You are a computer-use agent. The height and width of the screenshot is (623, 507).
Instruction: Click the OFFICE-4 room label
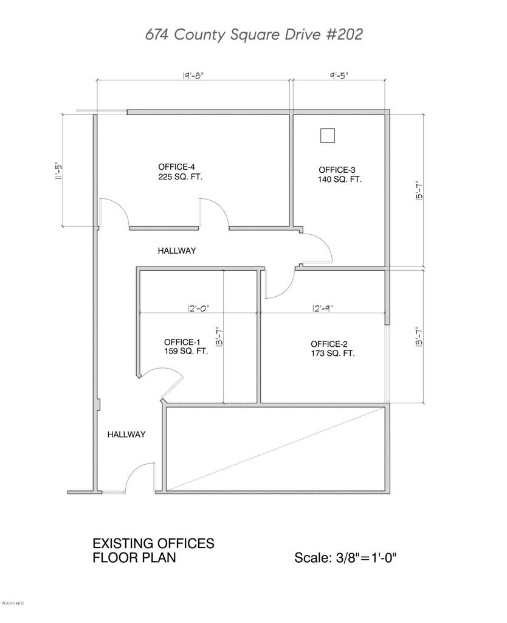(176, 167)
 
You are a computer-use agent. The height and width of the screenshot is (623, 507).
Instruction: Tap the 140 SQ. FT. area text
(339, 179)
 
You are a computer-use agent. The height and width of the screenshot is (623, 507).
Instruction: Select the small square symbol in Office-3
(327, 135)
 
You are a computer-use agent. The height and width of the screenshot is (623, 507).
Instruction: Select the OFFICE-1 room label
(182, 341)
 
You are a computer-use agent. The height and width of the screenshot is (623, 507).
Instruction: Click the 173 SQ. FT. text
(333, 353)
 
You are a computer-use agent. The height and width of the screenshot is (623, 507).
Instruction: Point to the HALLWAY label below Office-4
(177, 251)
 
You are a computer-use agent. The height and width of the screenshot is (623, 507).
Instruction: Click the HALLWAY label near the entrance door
(126, 434)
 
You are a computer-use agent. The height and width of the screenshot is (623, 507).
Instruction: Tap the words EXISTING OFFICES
(153, 543)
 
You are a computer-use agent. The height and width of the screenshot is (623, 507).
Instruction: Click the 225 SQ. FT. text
(180, 178)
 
